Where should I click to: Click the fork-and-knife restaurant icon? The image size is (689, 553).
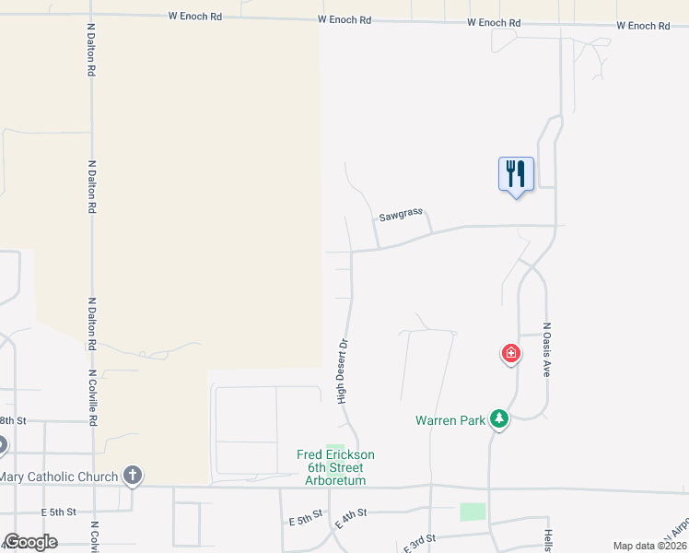tap(516, 173)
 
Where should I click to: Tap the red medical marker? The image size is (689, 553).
tap(510, 353)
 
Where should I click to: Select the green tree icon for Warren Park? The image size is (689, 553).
tap(498, 419)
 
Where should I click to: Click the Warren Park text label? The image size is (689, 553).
tap(450, 421)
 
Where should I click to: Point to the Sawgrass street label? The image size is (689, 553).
tap(401, 216)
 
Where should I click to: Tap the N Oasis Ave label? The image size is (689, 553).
tap(546, 349)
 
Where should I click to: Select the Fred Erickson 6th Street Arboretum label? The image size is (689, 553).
tap(335, 467)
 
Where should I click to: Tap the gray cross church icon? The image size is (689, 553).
tap(133, 476)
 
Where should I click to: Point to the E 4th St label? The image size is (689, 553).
tap(351, 518)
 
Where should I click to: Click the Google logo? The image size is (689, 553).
tap(30, 542)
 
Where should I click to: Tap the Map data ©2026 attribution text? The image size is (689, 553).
tap(649, 546)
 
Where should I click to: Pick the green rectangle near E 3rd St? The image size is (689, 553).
tap(473, 512)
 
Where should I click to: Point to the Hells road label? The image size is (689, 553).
tap(547, 540)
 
